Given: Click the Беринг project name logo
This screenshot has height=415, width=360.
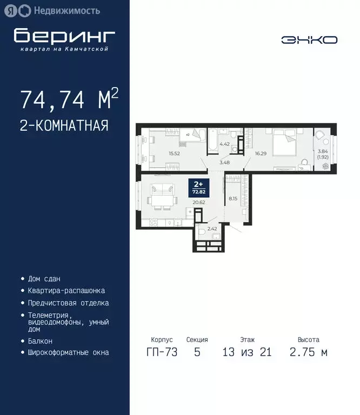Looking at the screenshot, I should tap(64, 36).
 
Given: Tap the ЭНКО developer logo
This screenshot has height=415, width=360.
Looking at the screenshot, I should tap(309, 40).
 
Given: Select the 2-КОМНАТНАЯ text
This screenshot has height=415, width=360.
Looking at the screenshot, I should tap(64, 125).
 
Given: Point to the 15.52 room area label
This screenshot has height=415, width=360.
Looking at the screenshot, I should tap(174, 153).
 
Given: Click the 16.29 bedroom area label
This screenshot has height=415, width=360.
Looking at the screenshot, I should tap(262, 153).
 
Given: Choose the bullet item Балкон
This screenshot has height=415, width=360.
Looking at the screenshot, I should tap(40, 342).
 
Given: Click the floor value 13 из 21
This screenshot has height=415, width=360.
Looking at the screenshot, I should tap(247, 353).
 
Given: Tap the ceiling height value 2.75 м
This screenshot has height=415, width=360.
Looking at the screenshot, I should tap(309, 353).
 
